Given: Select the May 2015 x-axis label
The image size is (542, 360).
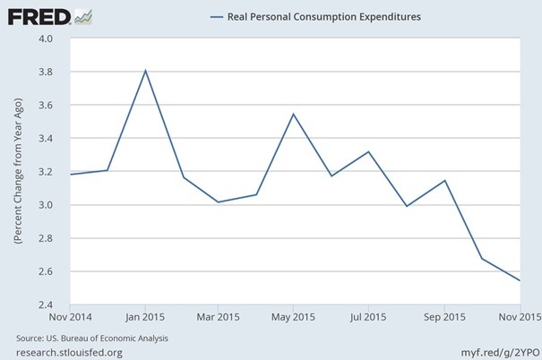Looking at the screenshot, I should (295, 317).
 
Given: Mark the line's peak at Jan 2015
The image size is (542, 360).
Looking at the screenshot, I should (145, 71).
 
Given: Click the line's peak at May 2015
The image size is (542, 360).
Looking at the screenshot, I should (295, 114).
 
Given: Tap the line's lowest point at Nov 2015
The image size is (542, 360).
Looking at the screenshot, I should (519, 280).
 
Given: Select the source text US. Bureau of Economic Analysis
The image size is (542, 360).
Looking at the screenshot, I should (92, 338).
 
